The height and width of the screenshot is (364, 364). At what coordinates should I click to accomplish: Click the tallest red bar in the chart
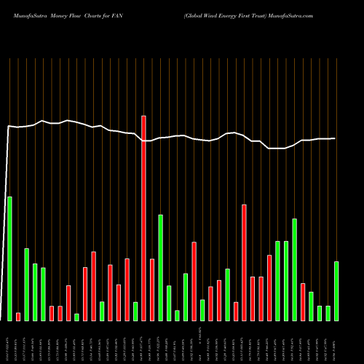[143, 218]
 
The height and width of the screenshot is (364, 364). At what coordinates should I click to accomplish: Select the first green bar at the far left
[9, 258]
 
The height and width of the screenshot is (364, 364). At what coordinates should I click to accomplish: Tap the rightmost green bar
[336, 291]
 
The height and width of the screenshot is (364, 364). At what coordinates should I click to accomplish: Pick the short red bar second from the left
[18, 317]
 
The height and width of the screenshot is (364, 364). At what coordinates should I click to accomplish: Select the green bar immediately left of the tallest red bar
[135, 312]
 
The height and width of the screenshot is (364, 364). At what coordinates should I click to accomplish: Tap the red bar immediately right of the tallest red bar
[152, 290]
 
